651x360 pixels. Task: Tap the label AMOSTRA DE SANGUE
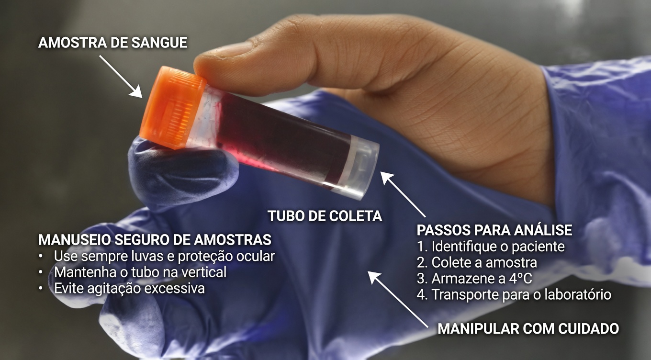(x=112, y=43)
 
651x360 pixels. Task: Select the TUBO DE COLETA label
(x=325, y=216)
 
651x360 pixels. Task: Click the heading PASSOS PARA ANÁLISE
(x=494, y=230)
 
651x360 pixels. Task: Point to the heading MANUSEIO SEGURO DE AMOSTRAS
(x=155, y=239)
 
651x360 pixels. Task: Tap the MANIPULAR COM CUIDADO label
(x=528, y=329)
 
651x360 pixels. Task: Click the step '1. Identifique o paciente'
(x=491, y=247)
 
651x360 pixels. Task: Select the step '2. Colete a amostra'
(x=477, y=263)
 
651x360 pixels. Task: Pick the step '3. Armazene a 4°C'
(x=474, y=279)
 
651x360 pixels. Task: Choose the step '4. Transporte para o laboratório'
(x=514, y=294)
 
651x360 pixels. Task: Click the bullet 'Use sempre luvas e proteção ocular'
(x=164, y=256)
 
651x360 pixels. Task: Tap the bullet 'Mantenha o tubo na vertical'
(x=140, y=272)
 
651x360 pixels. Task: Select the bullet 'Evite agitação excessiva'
(x=129, y=289)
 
